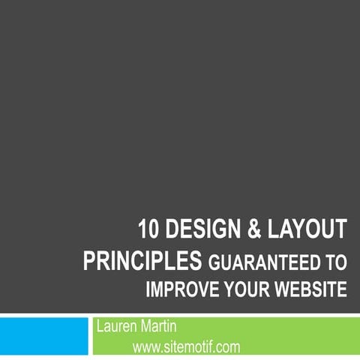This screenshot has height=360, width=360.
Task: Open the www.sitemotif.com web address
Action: (x=186, y=346)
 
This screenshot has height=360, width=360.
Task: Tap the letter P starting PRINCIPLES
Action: (x=88, y=261)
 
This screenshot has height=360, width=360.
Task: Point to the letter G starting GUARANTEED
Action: (x=213, y=262)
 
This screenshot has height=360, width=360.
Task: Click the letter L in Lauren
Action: (x=100, y=327)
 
